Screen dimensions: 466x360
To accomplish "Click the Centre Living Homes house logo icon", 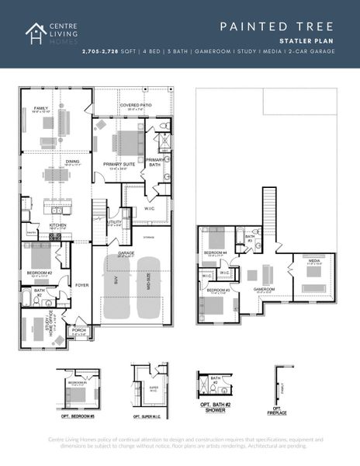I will (35, 33).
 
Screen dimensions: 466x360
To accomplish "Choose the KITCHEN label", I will (57, 225).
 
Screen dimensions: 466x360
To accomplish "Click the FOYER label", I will (81, 285).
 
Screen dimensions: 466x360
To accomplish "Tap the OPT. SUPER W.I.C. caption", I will (152, 409).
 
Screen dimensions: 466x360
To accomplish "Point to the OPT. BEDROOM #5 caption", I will (77, 409).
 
